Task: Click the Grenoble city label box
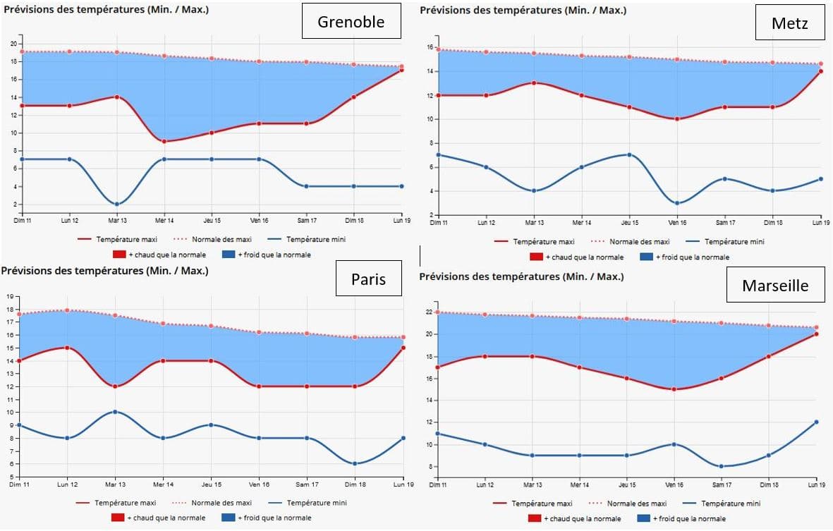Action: [351, 21]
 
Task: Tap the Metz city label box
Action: [789, 26]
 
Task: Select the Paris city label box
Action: [368, 279]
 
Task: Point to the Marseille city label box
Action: [774, 285]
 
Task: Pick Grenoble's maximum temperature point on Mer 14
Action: [164, 141]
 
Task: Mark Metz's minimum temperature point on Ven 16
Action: [677, 202]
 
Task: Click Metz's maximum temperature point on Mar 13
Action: [534, 83]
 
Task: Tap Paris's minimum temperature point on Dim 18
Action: [355, 463]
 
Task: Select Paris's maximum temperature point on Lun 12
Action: [68, 348]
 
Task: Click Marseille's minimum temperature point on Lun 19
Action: [817, 422]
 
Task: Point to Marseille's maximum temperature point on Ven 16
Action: [674, 389]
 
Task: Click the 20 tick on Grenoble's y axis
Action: [13, 44]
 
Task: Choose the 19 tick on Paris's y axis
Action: [10, 296]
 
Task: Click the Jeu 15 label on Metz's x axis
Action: [629, 222]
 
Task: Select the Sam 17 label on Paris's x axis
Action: [308, 484]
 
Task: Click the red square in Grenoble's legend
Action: [118, 255]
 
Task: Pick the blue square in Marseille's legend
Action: [643, 518]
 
